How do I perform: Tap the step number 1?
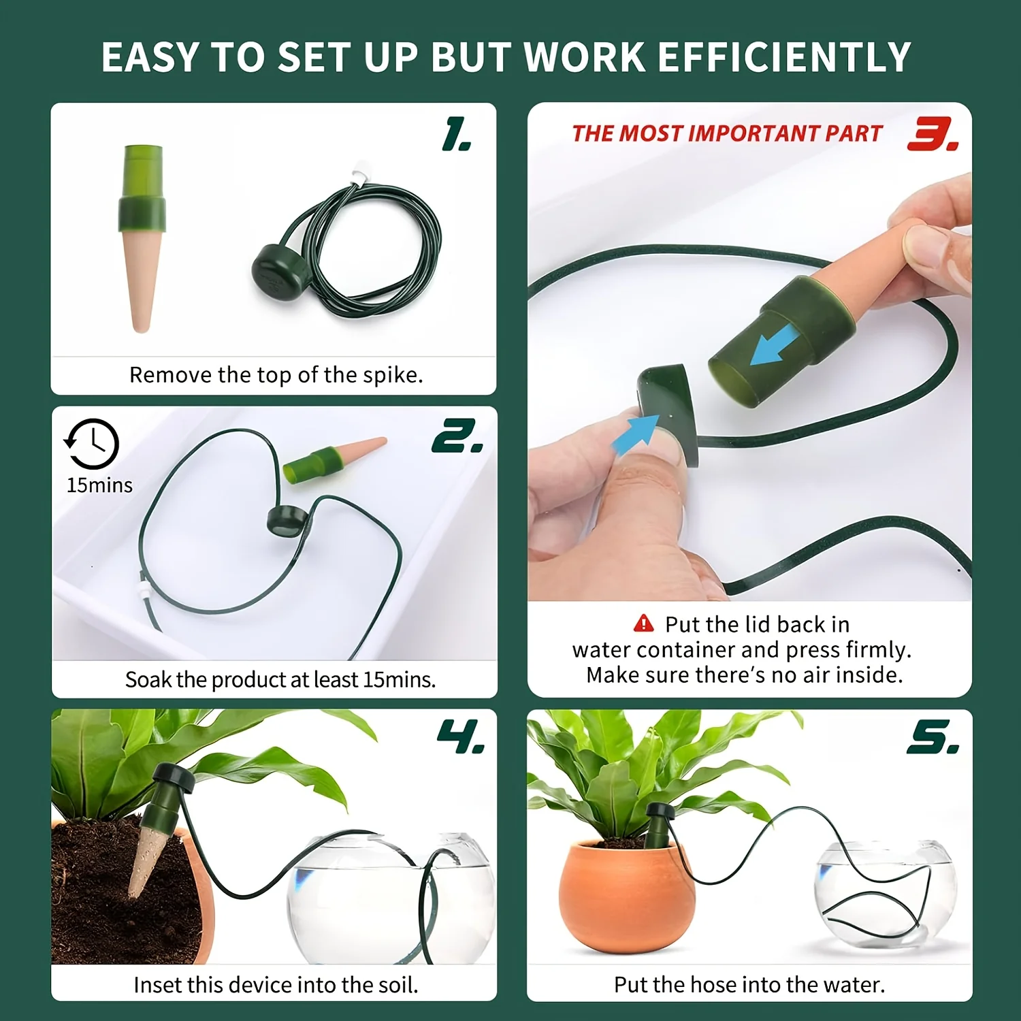pyautogui.click(x=456, y=134)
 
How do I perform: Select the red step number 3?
pyautogui.click(x=932, y=134)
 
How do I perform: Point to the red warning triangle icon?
pyautogui.click(x=643, y=623)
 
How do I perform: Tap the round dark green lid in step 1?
pyautogui.click(x=275, y=270)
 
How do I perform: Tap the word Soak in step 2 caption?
pyautogui.click(x=148, y=679)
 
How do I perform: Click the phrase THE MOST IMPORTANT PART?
pyautogui.click(x=727, y=133)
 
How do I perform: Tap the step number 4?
pyautogui.click(x=461, y=737)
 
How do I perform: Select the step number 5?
pyautogui.click(x=933, y=738)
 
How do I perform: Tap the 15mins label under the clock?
pyautogui.click(x=99, y=485)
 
